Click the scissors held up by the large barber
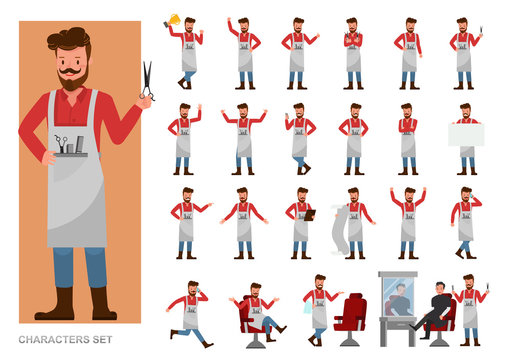coord(147,80)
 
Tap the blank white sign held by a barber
coord(466,135)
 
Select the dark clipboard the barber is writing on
coord(309,214)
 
